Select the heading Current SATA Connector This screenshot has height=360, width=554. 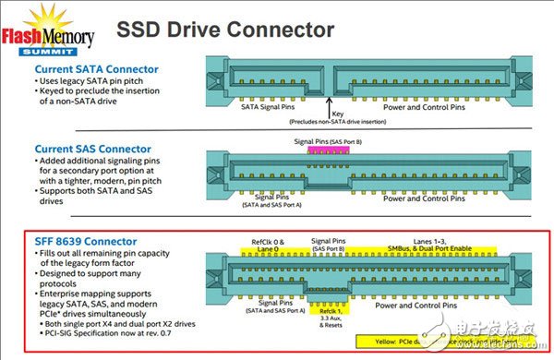tap(96, 69)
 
